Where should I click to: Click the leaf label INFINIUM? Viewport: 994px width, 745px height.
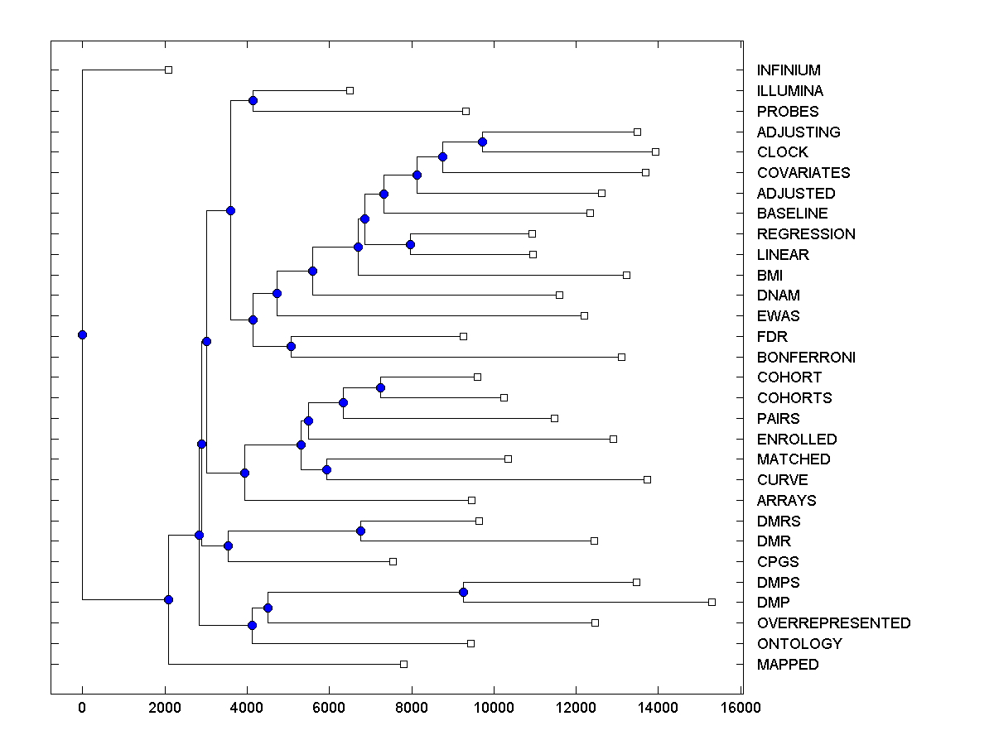[x=789, y=70]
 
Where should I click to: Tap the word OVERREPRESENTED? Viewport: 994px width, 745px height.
[x=833, y=623]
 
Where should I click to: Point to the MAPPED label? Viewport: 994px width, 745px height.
[x=787, y=665]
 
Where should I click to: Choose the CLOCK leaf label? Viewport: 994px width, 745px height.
[x=782, y=152]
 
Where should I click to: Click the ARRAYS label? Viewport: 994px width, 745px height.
[x=786, y=501]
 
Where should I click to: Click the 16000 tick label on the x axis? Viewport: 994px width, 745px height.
[x=740, y=708]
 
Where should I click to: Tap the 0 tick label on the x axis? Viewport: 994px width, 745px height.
[x=82, y=708]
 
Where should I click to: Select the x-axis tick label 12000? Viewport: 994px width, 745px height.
[x=576, y=708]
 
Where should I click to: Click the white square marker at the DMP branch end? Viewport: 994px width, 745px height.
[x=712, y=602]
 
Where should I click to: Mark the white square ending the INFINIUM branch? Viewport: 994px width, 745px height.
[x=168, y=70]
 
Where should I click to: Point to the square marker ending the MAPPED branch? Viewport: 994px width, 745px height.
[x=403, y=664]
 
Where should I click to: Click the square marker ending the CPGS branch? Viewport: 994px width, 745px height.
[x=393, y=561]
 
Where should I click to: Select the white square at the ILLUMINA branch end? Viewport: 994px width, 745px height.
[x=350, y=90]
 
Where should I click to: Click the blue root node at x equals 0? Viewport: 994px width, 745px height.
[x=82, y=334]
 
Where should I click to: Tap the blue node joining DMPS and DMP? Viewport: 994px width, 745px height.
[x=463, y=592]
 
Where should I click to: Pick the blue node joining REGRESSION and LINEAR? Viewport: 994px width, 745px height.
[x=410, y=244]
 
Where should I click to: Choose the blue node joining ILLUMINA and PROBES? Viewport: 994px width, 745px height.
[x=253, y=100]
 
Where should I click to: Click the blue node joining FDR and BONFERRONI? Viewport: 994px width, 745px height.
[x=291, y=346]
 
